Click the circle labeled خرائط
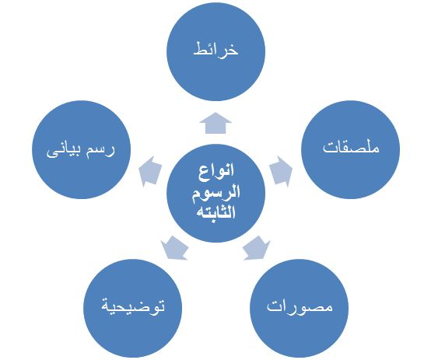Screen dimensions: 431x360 click(215, 51)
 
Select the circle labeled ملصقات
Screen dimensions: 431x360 click(350, 149)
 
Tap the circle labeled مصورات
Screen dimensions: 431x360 click(300, 309)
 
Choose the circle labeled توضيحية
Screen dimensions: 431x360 click(133, 309)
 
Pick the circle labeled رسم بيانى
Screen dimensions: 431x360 click(82, 149)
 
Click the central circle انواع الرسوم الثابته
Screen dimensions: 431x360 click(215, 193)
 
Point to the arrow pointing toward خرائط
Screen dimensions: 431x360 click(215, 123)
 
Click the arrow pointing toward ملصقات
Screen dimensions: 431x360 click(281, 172)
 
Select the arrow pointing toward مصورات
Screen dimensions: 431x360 click(256, 248)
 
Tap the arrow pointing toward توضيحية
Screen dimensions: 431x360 click(175, 248)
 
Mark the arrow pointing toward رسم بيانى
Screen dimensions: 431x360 click(150, 172)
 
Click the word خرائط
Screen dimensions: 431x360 click(215, 50)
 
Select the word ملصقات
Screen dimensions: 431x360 click(351, 147)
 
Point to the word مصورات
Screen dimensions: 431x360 click(300, 306)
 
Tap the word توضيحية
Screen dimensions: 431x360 click(133, 306)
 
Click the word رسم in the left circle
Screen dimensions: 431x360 click(101, 151)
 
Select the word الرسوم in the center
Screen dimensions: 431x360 click(216, 193)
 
